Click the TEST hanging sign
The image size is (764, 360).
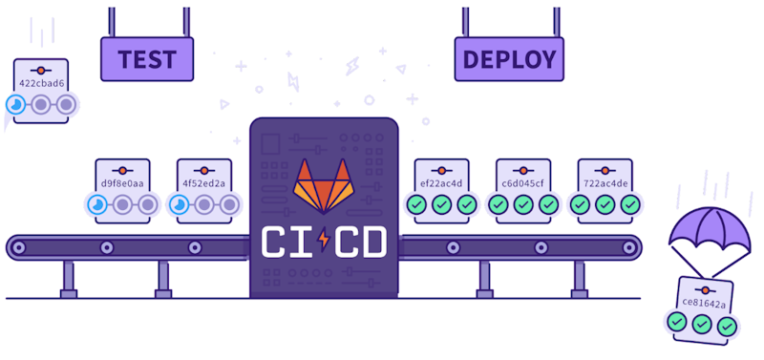click(147, 59)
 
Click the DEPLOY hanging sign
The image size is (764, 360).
click(509, 59)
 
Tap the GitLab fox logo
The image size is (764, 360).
click(322, 185)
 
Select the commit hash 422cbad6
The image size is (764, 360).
click(41, 83)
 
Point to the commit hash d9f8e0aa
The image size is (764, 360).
click(122, 183)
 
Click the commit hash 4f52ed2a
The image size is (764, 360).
click(203, 183)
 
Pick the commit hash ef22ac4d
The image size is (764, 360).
click(441, 183)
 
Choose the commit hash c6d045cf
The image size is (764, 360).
click(522, 183)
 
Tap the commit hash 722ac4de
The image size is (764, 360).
click(605, 183)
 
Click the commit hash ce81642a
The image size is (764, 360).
click(704, 303)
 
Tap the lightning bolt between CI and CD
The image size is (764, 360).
click(322, 241)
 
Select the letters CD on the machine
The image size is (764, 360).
click(360, 241)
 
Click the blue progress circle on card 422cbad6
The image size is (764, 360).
click(16, 104)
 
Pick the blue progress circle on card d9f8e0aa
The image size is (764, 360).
click(97, 204)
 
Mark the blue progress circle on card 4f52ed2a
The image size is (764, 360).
click(179, 204)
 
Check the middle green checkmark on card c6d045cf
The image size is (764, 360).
click(522, 204)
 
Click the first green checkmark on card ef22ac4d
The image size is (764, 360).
click(416, 204)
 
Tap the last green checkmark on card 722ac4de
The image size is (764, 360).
click(629, 204)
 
